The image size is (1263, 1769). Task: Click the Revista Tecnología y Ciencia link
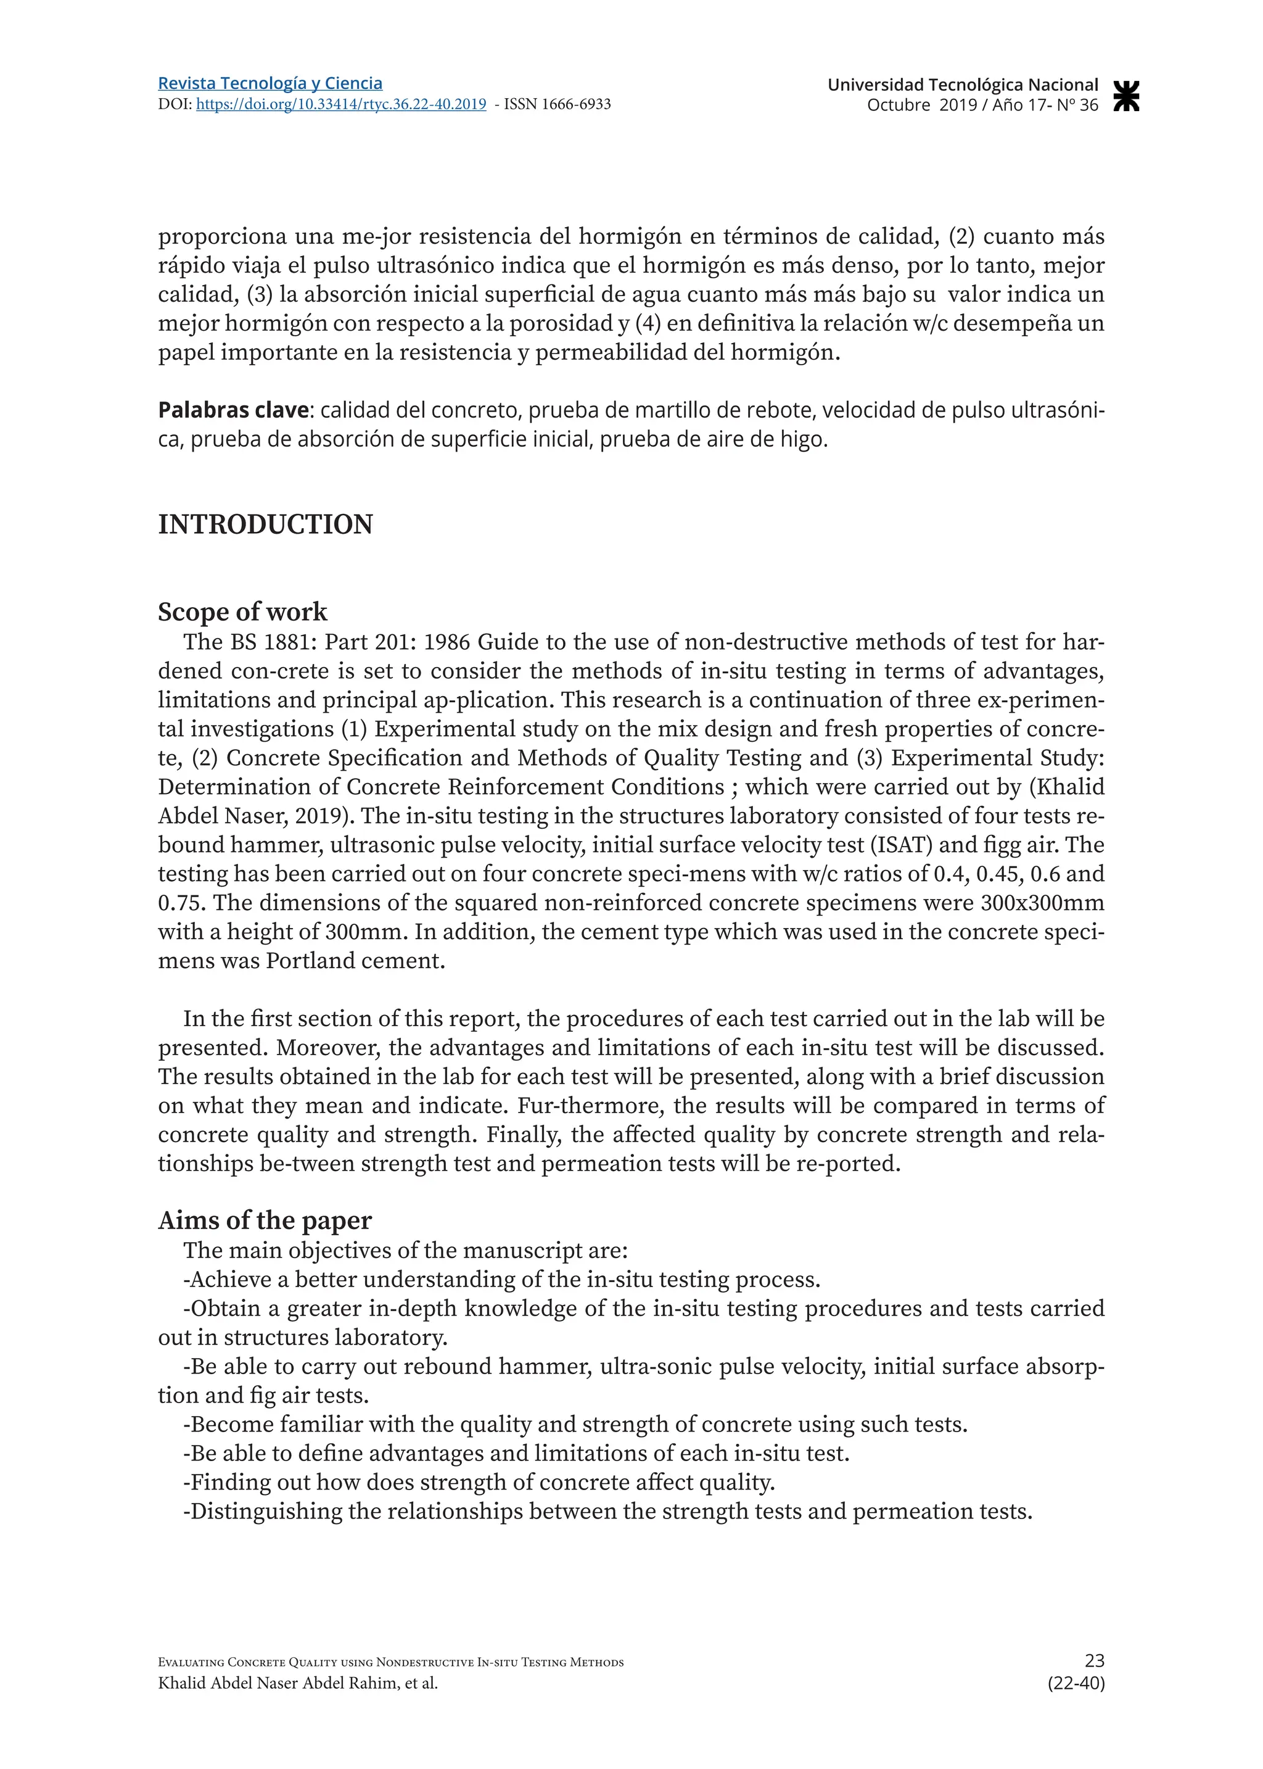(x=270, y=83)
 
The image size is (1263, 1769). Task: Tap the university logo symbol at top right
(x=1126, y=95)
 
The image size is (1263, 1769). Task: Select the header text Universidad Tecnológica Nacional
(x=962, y=85)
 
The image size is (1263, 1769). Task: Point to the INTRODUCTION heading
(x=265, y=524)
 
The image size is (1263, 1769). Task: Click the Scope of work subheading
(x=242, y=611)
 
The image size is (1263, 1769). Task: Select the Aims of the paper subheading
(x=265, y=1220)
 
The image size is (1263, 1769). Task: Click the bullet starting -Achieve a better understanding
(x=501, y=1279)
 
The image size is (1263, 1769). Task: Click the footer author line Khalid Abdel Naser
(x=297, y=1683)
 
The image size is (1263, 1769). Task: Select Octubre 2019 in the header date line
(x=921, y=105)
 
